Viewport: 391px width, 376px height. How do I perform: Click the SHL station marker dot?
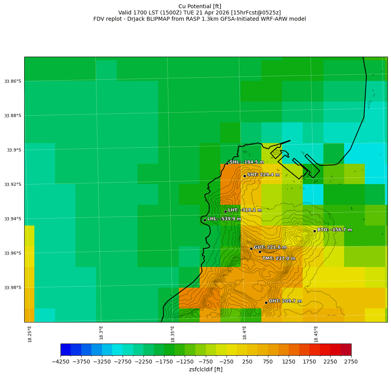point(227,163)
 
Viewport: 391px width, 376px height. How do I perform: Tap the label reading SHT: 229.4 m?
point(263,175)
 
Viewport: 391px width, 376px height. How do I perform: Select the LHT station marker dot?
point(225,211)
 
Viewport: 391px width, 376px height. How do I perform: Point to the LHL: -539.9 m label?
point(224,219)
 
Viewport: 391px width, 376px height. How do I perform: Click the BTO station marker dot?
point(314,231)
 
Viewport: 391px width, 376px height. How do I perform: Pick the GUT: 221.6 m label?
point(270,247)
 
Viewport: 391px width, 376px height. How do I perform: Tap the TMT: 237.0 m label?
point(279,258)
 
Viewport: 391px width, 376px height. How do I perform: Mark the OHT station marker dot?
point(266,303)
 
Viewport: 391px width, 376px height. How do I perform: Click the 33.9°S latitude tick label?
point(14,150)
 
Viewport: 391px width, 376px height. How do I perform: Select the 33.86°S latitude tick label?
point(13,81)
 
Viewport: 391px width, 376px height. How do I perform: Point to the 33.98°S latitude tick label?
point(13,288)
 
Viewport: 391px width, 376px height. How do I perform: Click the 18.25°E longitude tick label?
point(30,334)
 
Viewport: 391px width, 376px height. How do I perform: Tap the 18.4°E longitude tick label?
point(245,334)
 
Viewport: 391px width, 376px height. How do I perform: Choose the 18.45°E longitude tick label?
point(316,334)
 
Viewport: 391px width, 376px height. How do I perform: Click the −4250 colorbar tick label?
point(61,362)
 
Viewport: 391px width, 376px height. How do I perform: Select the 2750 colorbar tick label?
point(351,362)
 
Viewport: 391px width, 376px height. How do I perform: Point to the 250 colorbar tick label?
point(247,362)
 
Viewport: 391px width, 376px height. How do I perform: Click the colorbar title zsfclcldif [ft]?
point(205,369)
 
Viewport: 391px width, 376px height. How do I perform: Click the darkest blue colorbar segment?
point(66,349)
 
